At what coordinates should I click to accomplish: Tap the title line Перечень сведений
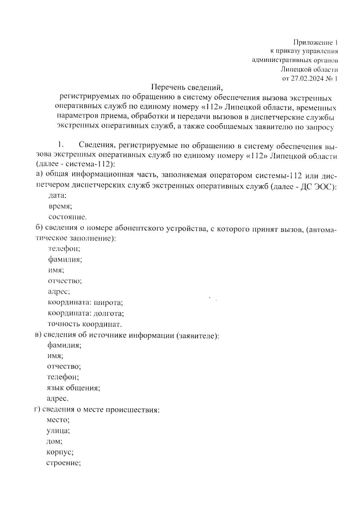coord(187,88)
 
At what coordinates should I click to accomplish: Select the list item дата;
coord(57,196)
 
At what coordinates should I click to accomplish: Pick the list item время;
coord(60,206)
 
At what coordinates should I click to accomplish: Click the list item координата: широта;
coord(85,303)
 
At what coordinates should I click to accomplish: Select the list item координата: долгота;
coord(86,313)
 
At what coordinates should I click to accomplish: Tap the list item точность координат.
coord(85,324)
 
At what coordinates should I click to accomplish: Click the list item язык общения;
coord(73,388)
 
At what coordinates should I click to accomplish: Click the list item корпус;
coord(60,452)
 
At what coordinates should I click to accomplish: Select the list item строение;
coord(63,463)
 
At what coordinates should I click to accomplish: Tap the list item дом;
coord(55,442)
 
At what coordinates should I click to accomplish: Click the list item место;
coord(58,420)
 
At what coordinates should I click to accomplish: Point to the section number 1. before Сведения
coord(60,145)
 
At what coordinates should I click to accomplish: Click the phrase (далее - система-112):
coord(75,164)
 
